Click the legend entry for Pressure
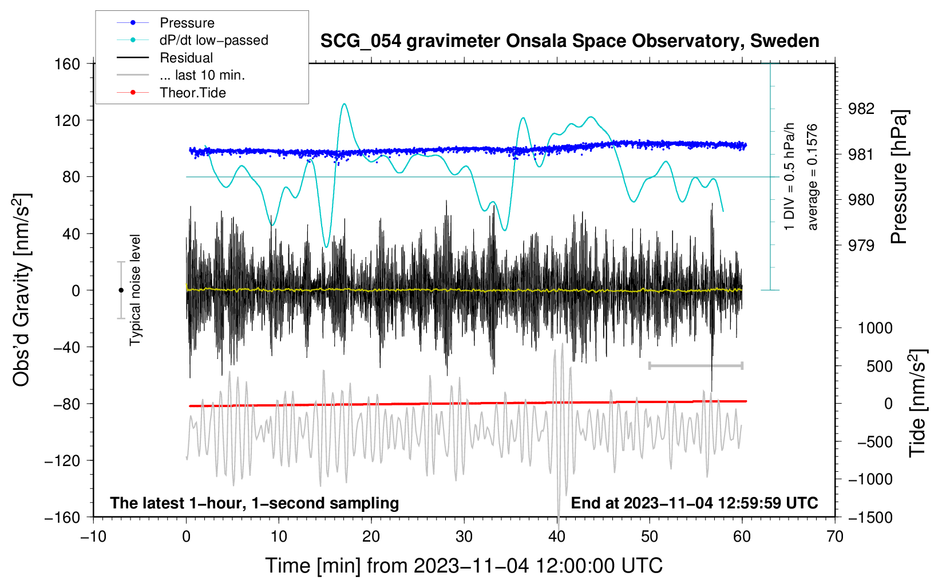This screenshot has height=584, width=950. coord(187,23)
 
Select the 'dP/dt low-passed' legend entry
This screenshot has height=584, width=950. coord(213,40)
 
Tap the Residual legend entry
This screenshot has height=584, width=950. coord(186,58)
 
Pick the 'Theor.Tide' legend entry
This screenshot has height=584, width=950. coord(192,93)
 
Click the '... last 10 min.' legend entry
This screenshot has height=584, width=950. coord(202,75)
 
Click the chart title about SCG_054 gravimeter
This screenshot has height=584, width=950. coord(569,41)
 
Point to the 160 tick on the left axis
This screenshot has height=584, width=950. coord(67,64)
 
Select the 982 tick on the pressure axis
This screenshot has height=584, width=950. coord(861,109)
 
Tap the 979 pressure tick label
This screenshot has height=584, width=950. coord(861,246)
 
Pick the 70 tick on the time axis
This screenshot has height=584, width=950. coord(835,536)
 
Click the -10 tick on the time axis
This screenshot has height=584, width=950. coord(93,536)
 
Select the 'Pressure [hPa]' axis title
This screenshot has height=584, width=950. coord(900,177)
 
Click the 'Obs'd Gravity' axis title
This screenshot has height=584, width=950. coord(22,290)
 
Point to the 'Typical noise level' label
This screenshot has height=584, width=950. coord(135,290)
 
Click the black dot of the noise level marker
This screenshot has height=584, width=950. coord(121,290)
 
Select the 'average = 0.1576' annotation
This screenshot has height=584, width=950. coord(813,177)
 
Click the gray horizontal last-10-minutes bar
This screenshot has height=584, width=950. coord(695,365)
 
